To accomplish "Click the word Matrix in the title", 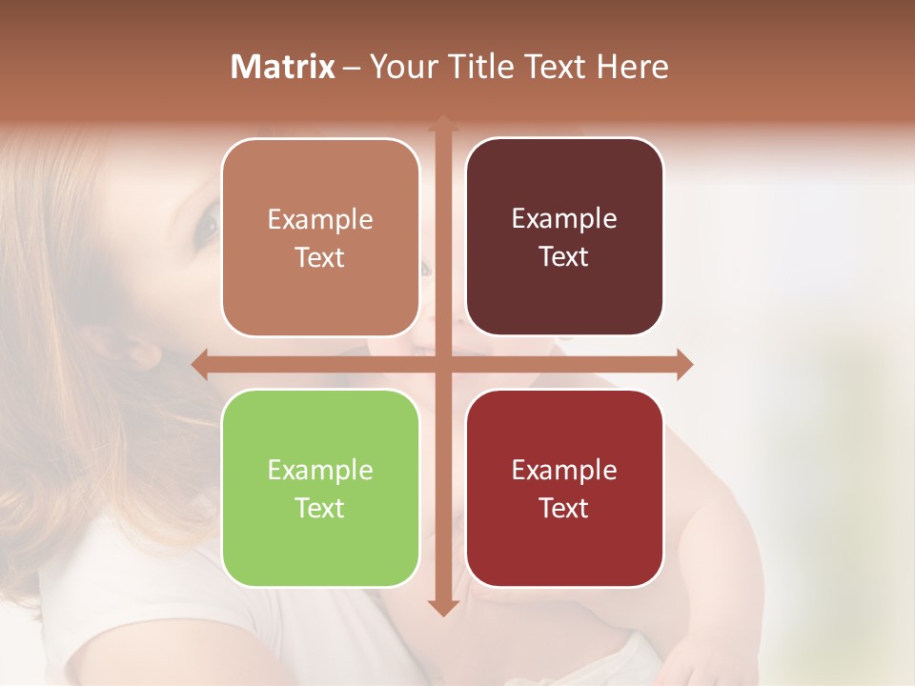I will [282, 67].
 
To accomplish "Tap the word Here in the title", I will [632, 67].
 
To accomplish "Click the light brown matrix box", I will [320, 237].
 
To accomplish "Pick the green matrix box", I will [320, 488].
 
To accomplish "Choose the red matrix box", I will [564, 488].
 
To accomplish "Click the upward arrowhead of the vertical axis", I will [442, 124].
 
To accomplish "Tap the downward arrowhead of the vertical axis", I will [442, 607].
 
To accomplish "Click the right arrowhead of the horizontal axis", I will [684, 364].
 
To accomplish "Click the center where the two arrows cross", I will [442, 364].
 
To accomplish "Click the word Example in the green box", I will [320, 470].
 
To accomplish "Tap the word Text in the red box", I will [564, 508].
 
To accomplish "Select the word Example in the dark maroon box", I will [564, 218].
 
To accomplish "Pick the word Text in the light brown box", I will [320, 257].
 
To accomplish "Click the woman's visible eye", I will [207, 227].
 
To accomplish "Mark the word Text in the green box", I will [320, 508].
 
